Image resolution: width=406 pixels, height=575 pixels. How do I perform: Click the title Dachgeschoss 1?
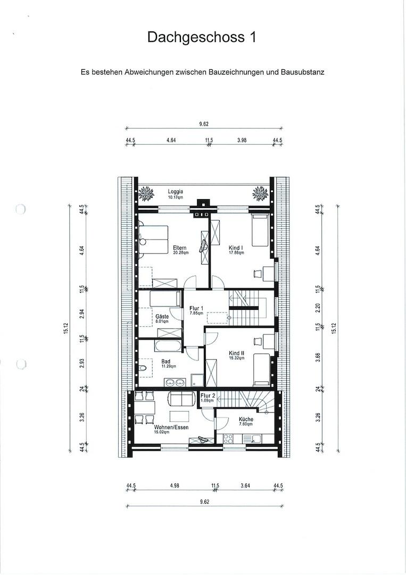(x=202, y=37)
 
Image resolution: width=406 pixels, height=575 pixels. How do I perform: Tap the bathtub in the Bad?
(x=168, y=346)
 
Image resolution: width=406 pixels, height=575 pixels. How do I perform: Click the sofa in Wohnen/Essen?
(x=182, y=399)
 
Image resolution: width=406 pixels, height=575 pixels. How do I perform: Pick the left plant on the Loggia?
(x=146, y=193)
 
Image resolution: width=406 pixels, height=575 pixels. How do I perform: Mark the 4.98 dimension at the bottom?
(x=175, y=486)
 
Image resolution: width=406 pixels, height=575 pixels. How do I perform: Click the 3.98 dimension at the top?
(x=242, y=140)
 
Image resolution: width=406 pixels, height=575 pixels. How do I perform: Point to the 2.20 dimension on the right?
(x=318, y=307)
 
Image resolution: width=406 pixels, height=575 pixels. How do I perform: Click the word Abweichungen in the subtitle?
(x=150, y=72)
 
